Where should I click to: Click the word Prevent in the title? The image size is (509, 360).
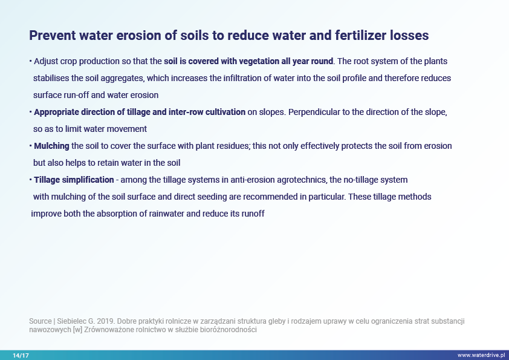coord(53,36)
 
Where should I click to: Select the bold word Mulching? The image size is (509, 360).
coord(51,146)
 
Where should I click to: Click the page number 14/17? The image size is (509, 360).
coord(21,355)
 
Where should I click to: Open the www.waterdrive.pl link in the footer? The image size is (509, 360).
coord(481,355)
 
